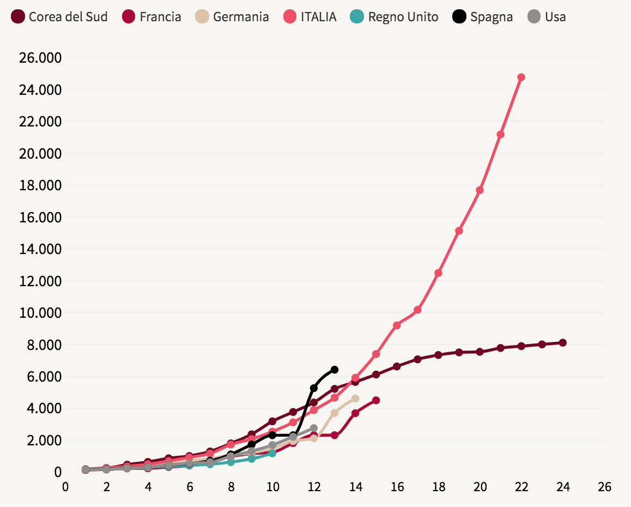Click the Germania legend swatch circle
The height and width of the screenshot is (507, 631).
(x=203, y=17)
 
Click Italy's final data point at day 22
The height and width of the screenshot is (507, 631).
(x=521, y=77)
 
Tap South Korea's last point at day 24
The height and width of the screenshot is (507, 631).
(x=563, y=343)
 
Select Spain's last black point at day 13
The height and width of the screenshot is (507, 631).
(x=335, y=370)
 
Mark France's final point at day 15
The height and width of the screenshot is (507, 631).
(x=376, y=400)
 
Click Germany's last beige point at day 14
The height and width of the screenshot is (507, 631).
(x=355, y=399)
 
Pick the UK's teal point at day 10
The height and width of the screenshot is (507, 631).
(x=272, y=453)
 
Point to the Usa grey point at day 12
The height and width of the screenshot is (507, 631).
(x=314, y=428)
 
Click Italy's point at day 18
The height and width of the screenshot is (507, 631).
(x=438, y=273)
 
